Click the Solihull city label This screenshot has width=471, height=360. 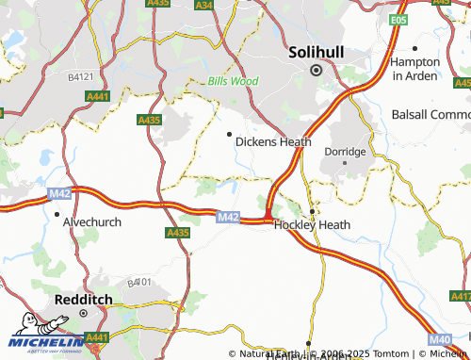[317, 50]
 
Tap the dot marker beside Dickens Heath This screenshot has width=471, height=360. [229, 134]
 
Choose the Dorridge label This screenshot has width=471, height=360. [345, 151]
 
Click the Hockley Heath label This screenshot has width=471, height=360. [312, 225]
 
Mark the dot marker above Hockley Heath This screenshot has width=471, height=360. [312, 211]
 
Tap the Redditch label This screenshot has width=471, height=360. [83, 298]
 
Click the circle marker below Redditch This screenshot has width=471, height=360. [83, 313]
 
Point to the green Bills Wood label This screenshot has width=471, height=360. [233, 82]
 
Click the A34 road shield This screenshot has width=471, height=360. [204, 5]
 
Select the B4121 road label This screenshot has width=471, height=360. [82, 75]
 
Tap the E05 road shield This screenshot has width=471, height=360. [399, 19]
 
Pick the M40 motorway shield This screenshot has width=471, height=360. [439, 338]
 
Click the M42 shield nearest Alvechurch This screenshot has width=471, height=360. [60, 192]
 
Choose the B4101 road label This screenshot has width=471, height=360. [138, 282]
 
